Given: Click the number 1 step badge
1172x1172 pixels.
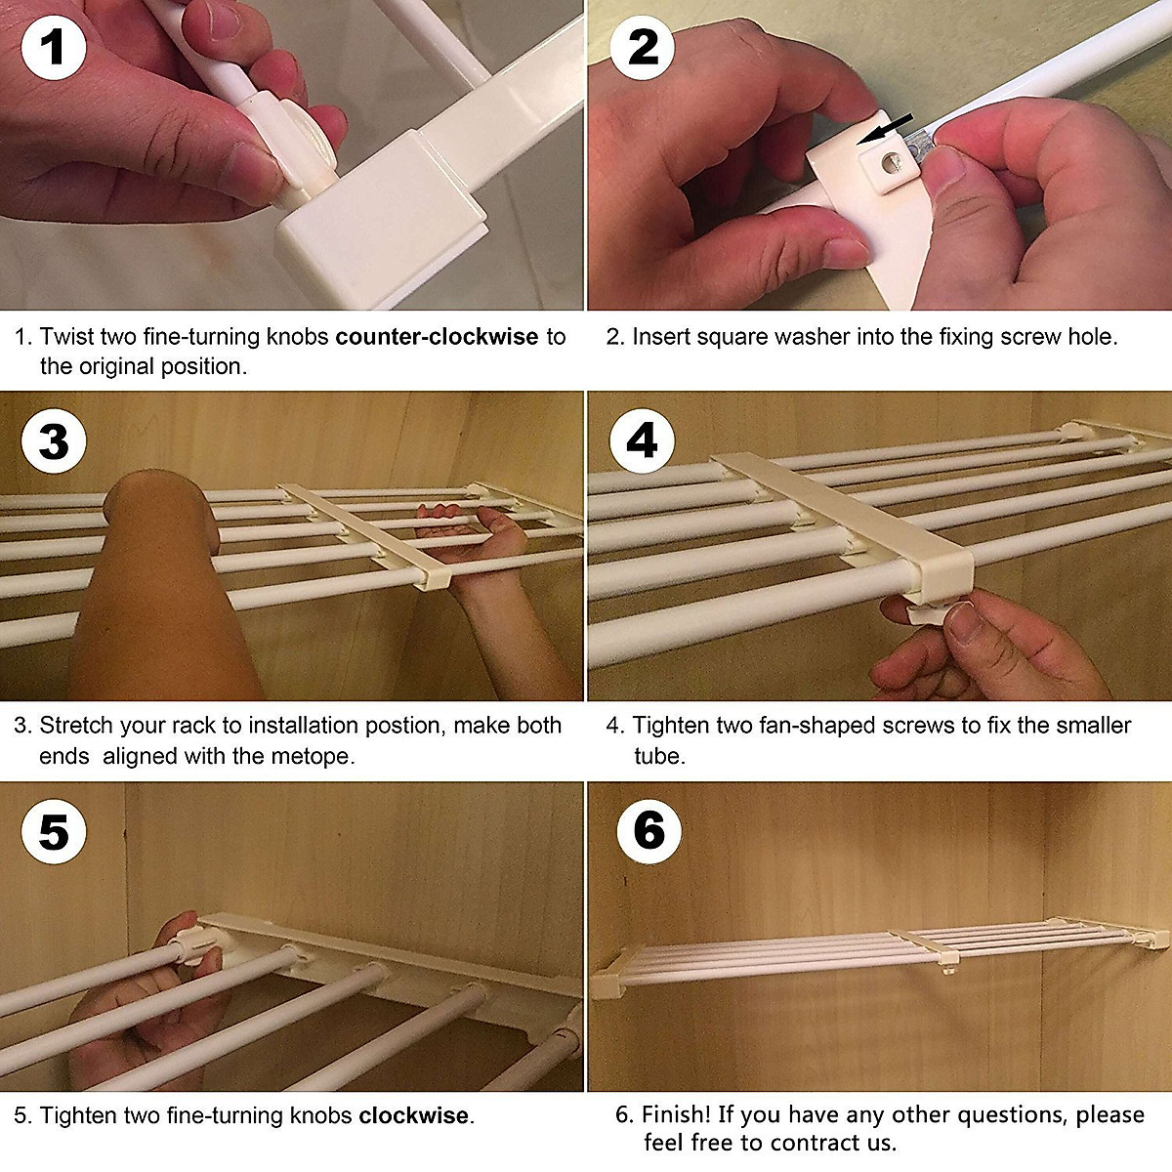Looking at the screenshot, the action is point(54,48).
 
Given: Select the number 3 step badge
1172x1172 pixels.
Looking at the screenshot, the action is point(54,440).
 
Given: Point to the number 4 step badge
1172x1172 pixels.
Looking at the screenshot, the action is point(643,440).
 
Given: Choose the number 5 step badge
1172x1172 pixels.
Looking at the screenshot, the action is point(54,831).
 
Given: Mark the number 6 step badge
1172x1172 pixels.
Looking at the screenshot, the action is point(649,831).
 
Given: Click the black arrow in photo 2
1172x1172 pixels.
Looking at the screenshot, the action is point(885,128).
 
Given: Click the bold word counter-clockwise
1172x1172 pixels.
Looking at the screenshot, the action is point(437,336).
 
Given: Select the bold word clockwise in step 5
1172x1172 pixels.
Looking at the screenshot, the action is point(413,1114).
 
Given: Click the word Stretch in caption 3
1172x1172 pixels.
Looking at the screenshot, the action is point(76,725).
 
